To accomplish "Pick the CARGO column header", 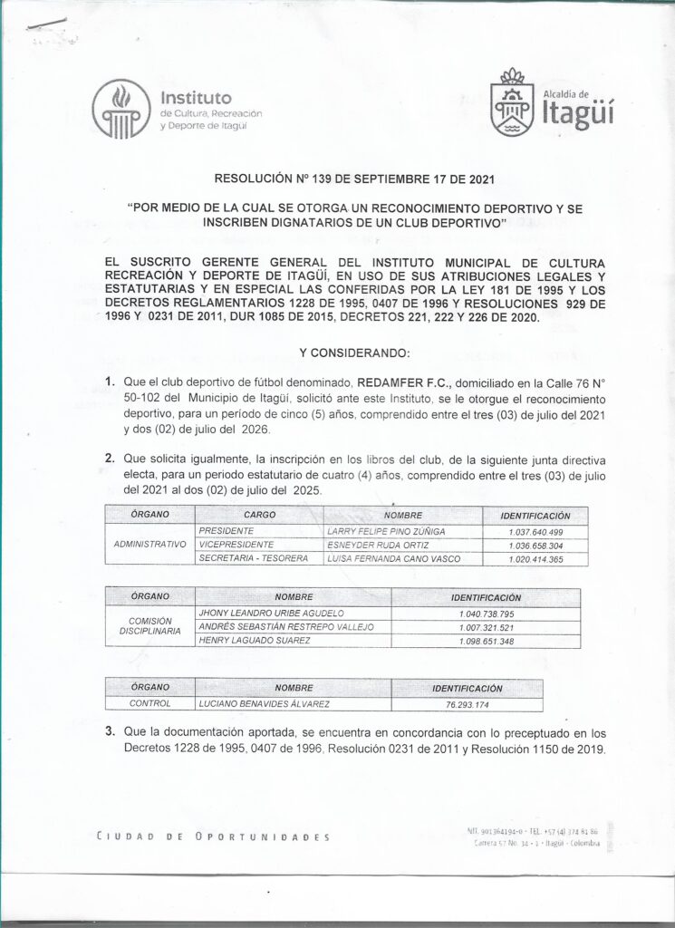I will click(x=259, y=514).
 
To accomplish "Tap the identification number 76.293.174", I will click(x=468, y=703).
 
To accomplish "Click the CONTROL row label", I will click(x=149, y=703).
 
